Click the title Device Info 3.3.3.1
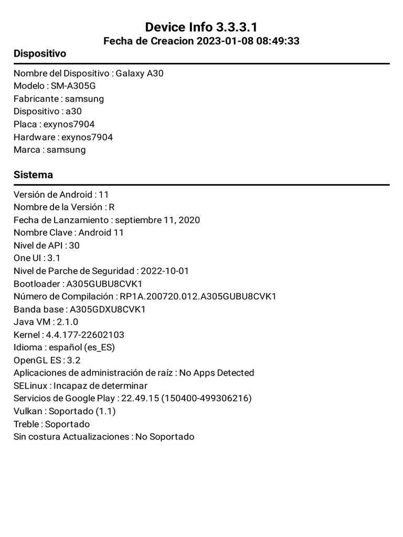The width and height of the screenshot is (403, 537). [201, 27]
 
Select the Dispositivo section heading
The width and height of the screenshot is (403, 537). [40, 53]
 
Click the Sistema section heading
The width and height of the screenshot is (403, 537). [33, 175]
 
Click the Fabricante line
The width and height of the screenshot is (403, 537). [59, 99]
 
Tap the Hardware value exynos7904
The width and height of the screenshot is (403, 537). [87, 137]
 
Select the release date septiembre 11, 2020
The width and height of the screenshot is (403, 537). [157, 220]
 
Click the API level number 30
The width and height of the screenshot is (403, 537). [74, 245]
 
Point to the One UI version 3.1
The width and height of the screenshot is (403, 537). [54, 258]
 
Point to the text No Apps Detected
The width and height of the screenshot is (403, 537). [216, 373]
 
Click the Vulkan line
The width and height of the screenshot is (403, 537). [65, 411]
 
